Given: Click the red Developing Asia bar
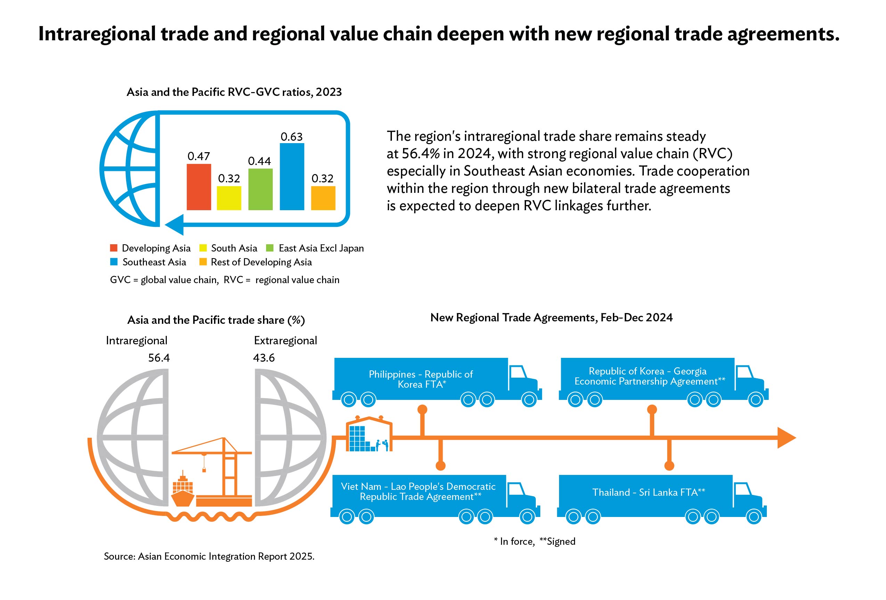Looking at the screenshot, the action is [x=199, y=187].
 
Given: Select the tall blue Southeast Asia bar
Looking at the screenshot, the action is [x=292, y=176].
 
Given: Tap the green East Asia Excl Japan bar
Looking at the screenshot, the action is [x=260, y=189].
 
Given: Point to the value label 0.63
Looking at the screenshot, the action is [x=292, y=137].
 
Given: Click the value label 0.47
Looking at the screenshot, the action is [x=199, y=156].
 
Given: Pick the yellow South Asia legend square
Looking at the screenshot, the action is [x=203, y=248].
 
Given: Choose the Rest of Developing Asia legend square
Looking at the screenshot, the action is [x=203, y=262].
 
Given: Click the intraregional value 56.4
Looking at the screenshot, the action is [x=159, y=357].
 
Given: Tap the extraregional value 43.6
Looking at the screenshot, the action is [x=264, y=357].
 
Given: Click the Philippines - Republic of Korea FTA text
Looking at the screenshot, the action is [x=421, y=379].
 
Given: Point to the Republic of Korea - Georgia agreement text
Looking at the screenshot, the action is [x=650, y=376].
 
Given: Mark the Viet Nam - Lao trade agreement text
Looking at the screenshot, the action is [x=418, y=491].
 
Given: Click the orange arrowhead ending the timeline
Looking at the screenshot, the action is [x=786, y=438].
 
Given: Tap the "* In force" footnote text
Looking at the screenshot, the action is [x=514, y=541].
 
